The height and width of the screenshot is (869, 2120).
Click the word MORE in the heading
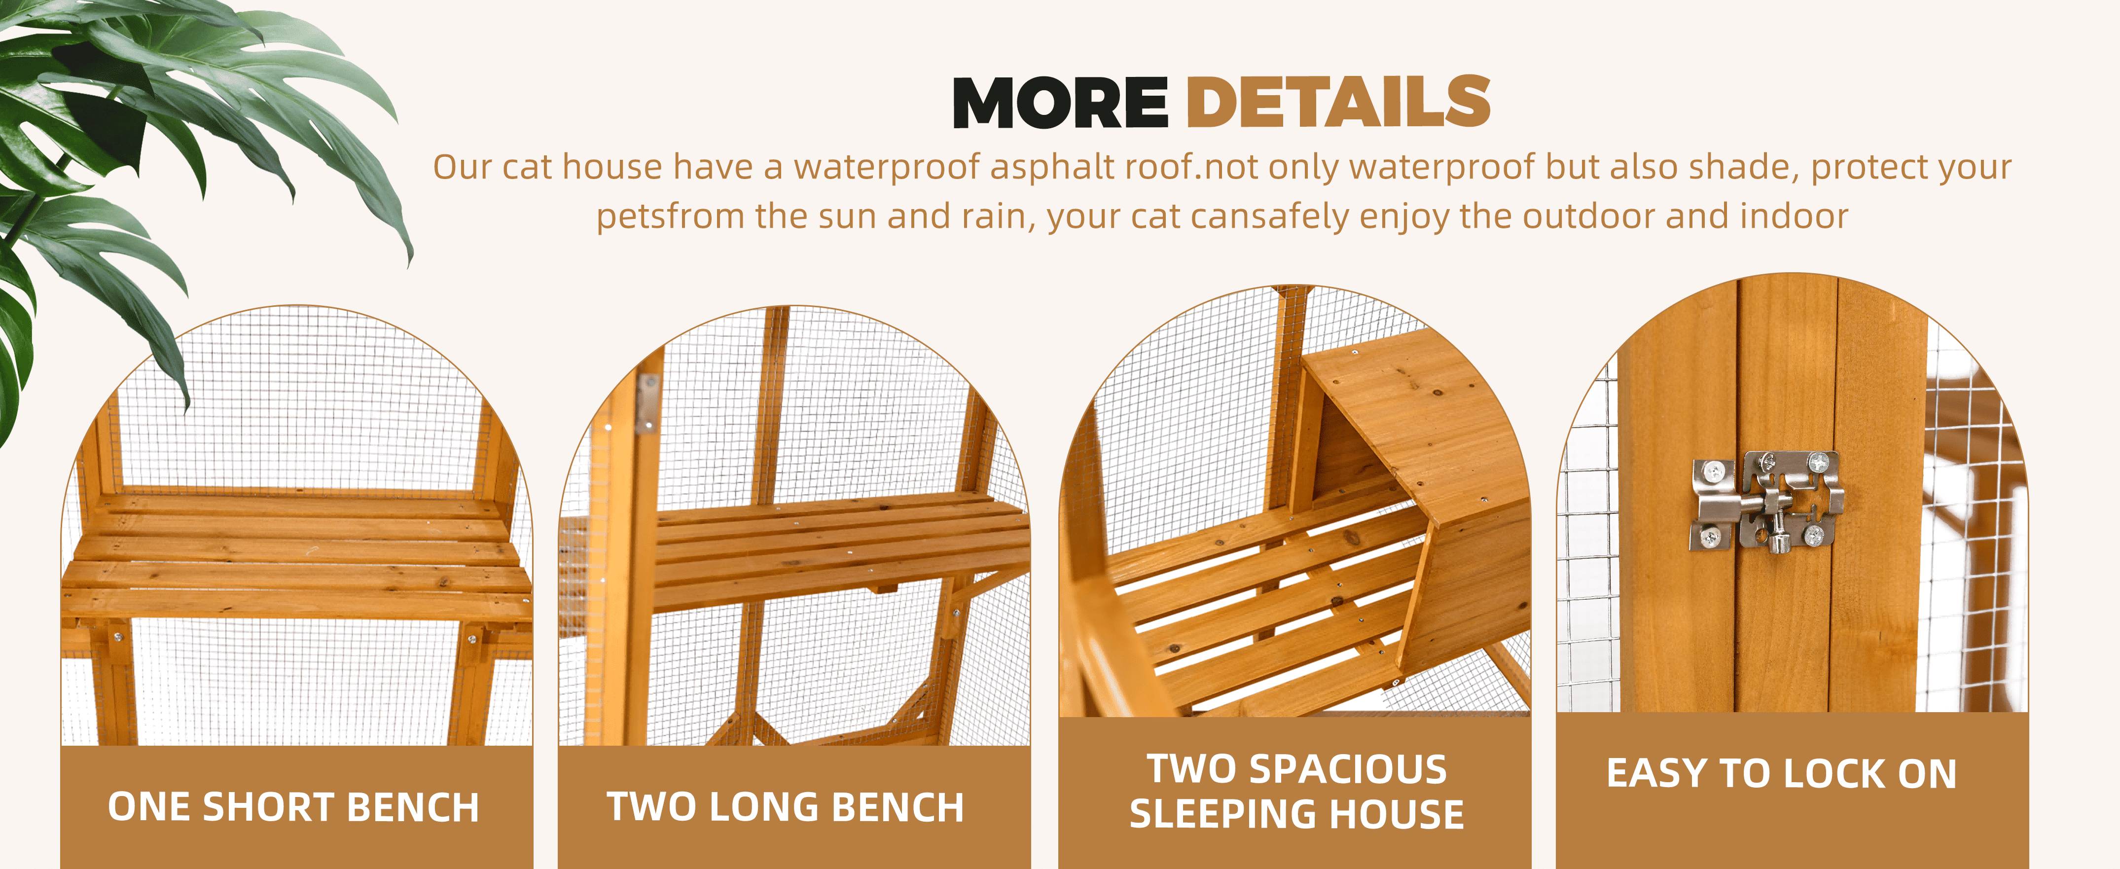[x=1060, y=103]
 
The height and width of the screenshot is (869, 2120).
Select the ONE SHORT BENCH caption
[x=294, y=807]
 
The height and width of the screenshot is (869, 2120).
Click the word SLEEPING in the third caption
[x=1224, y=815]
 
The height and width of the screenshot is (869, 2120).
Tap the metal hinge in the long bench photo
[x=648, y=403]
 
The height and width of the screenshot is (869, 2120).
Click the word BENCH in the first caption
[x=413, y=807]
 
